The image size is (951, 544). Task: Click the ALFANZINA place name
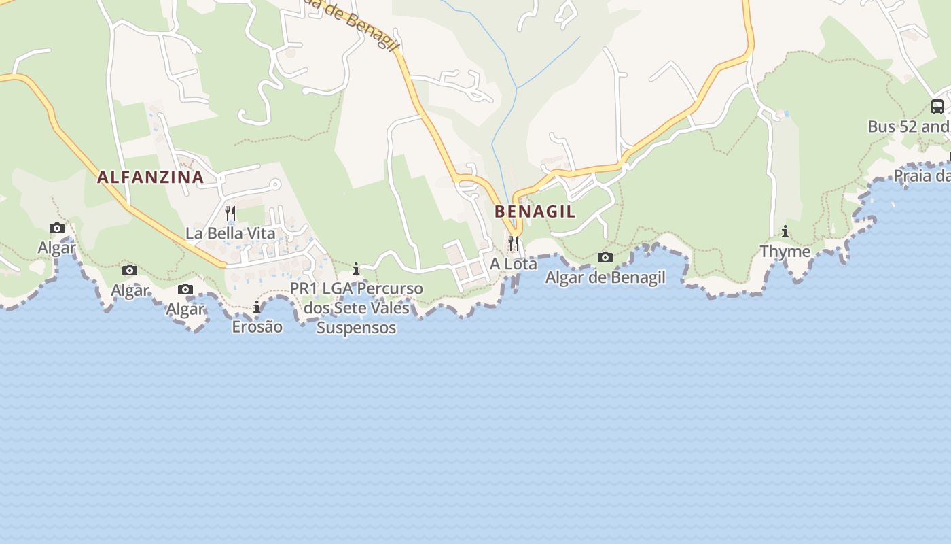(150, 177)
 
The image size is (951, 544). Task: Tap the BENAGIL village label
(535, 211)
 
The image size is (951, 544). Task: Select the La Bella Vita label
(230, 233)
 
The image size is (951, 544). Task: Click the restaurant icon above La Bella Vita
(230, 213)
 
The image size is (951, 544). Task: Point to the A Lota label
(514, 263)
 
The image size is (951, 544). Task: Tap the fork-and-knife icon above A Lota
(514, 243)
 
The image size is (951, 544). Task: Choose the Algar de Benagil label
(605, 277)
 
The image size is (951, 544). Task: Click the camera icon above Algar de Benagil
(605, 257)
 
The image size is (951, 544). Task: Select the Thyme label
(785, 252)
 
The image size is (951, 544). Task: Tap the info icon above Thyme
(785, 232)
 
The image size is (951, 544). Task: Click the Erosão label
(257, 326)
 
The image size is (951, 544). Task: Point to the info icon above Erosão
(257, 307)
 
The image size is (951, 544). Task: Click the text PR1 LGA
(321, 288)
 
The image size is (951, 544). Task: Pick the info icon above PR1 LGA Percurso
(356, 269)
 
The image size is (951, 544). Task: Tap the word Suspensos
(356, 328)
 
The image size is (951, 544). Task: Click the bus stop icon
(937, 106)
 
